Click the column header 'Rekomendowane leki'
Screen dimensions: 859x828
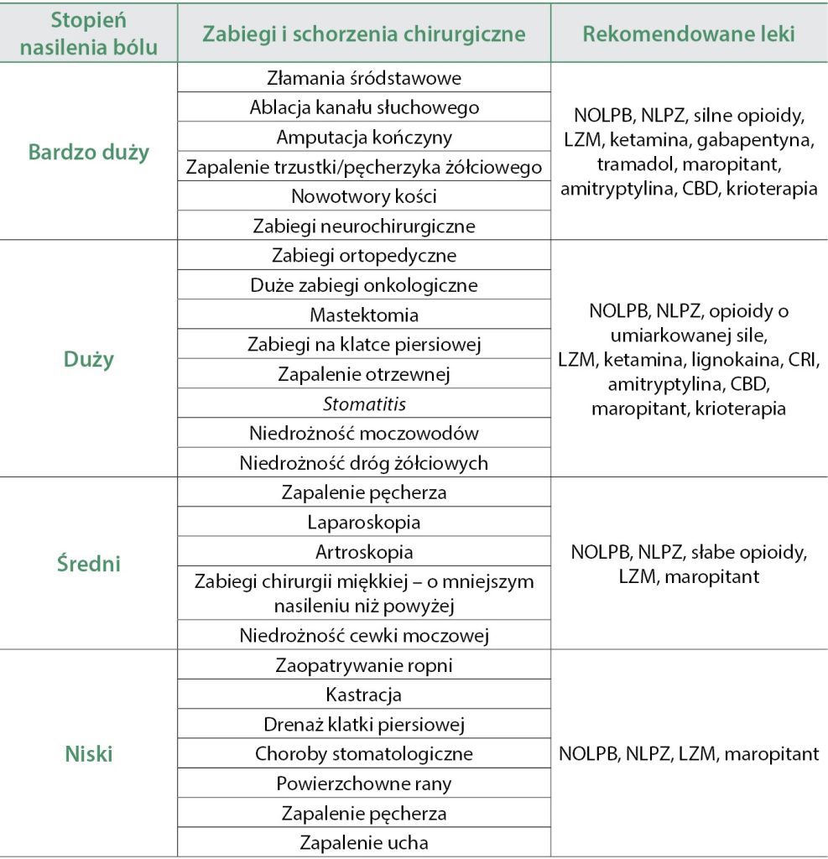(689, 34)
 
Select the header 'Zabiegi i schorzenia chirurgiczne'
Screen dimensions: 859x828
(363, 34)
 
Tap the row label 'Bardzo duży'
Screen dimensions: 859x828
(89, 152)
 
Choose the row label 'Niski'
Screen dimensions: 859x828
(89, 754)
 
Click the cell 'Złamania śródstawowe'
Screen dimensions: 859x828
(364, 78)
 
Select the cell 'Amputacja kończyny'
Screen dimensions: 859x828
(364, 138)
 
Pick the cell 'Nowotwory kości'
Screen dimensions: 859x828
(364, 196)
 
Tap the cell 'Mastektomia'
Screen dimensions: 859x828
(364, 315)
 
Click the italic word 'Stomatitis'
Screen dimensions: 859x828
(364, 404)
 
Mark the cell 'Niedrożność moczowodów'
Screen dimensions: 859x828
(364, 434)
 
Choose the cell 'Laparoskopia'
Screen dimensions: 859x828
(364, 523)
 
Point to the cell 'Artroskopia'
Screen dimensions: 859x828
(364, 553)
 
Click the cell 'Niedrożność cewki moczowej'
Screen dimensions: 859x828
(364, 635)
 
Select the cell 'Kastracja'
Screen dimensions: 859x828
(364, 695)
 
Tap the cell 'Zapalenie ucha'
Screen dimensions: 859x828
(364, 843)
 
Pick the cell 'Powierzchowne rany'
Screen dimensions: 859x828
(364, 784)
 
